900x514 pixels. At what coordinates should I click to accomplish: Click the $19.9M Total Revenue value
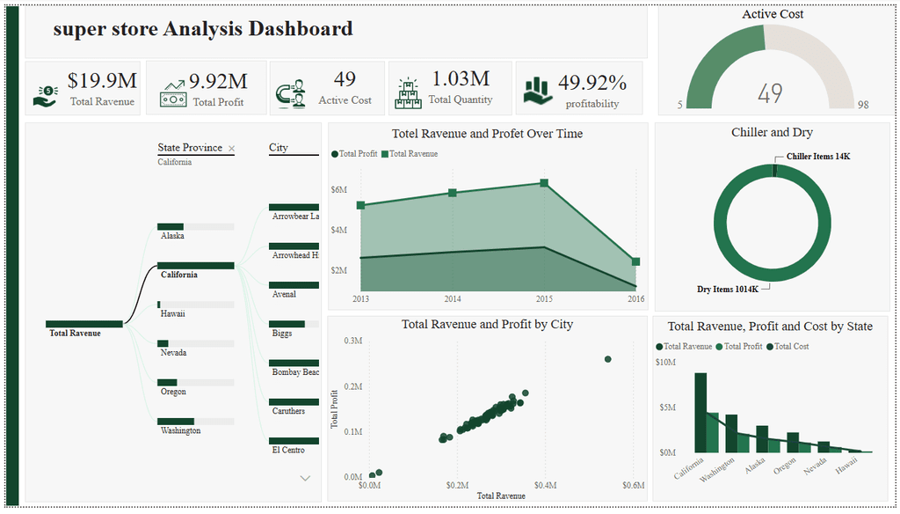click(x=102, y=80)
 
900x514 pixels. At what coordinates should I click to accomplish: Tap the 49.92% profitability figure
click(x=592, y=83)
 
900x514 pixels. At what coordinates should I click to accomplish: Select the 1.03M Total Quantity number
click(x=461, y=78)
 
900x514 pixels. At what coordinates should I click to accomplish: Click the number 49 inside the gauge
click(x=770, y=93)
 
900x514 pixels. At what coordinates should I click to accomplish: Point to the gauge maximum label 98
click(x=863, y=105)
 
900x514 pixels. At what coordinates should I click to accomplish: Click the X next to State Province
click(x=231, y=149)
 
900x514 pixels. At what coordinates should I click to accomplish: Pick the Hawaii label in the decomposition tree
click(x=173, y=313)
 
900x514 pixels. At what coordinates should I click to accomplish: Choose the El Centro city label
click(x=288, y=450)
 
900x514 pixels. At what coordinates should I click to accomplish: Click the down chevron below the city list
click(x=305, y=478)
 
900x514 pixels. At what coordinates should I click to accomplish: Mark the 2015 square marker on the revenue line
click(x=544, y=183)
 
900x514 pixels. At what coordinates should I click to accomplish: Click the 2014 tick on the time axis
click(x=453, y=298)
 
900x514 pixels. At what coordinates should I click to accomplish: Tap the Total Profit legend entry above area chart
click(x=354, y=153)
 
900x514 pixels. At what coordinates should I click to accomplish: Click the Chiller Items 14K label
click(x=818, y=157)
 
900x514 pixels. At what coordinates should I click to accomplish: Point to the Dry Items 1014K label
click(x=728, y=290)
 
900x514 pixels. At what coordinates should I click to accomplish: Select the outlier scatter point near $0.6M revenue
click(x=608, y=359)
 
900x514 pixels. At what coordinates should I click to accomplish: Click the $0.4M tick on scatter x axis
click(x=545, y=485)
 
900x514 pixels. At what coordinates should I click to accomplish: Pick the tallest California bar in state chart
click(x=700, y=412)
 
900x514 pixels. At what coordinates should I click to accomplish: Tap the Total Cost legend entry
click(x=787, y=346)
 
